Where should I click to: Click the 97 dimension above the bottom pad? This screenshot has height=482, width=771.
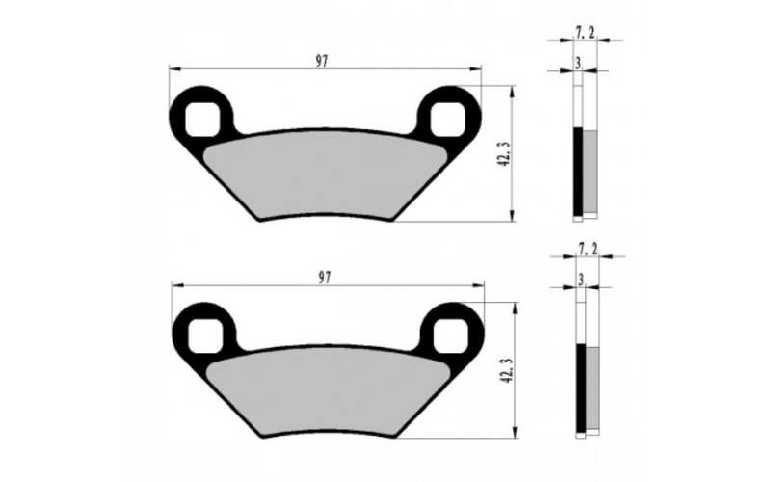coord(325,277)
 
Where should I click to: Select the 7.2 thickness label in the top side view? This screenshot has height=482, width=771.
coord(584,33)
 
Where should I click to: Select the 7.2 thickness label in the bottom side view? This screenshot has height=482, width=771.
coord(588,250)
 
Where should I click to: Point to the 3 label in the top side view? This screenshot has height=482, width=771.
coord(577,63)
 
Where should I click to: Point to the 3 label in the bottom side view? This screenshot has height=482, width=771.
coord(581,279)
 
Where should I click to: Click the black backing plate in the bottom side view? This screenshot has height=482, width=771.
coord(582,388)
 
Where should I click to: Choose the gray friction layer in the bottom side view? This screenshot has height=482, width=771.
coord(595,388)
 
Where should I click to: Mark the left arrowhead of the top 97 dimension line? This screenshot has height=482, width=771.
coord(173,69)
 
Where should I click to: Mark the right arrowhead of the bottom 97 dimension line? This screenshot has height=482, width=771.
coord(480,286)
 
